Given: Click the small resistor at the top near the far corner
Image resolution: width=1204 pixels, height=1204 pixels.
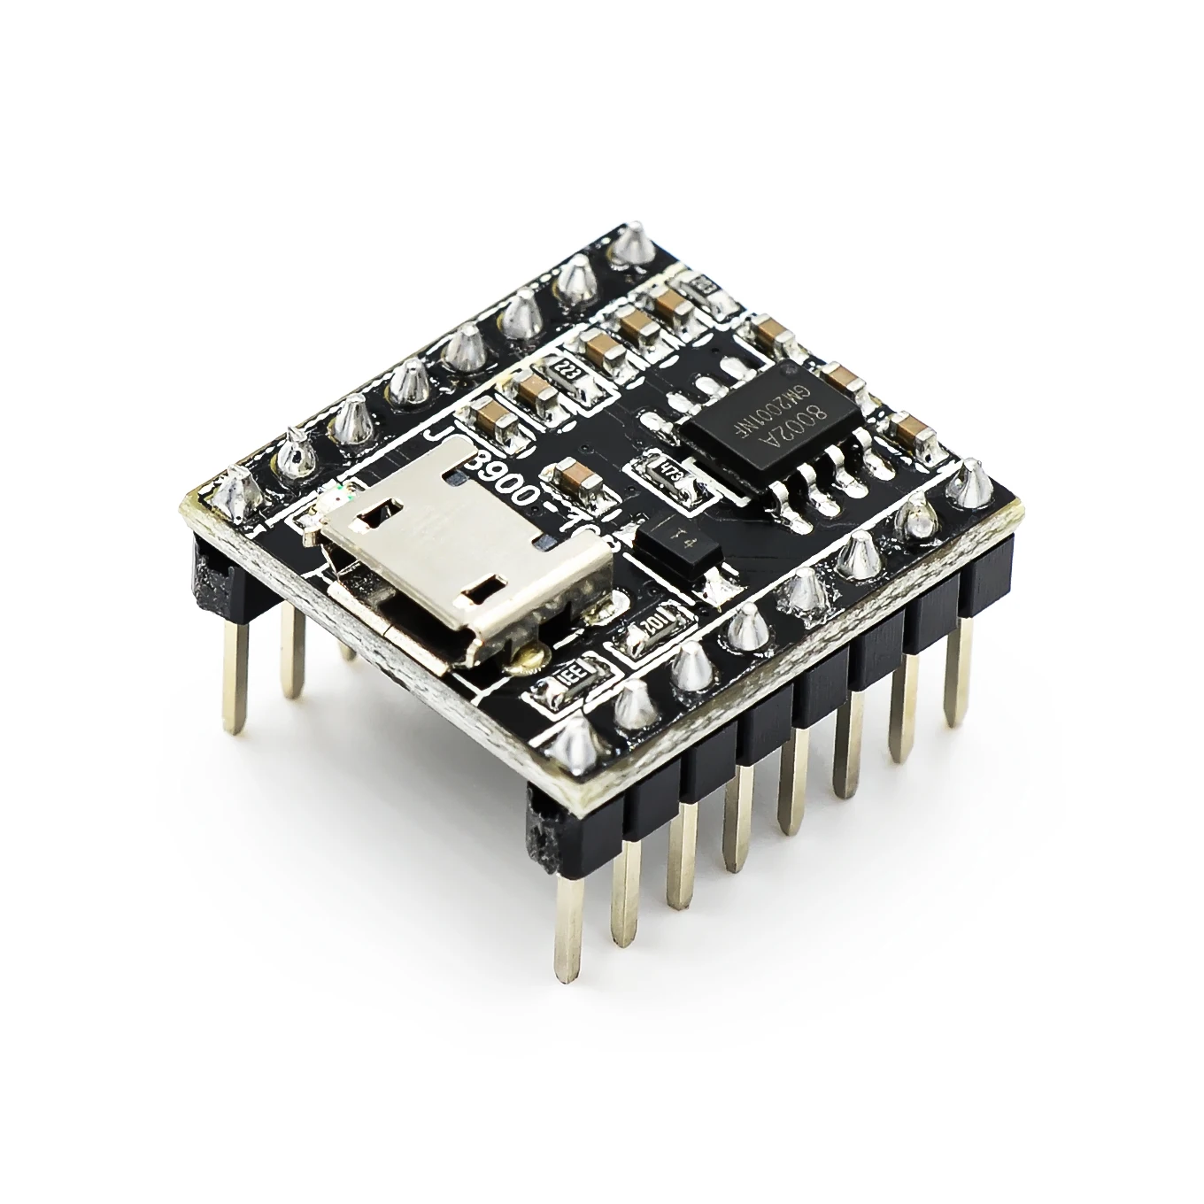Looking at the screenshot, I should click(706, 284).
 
